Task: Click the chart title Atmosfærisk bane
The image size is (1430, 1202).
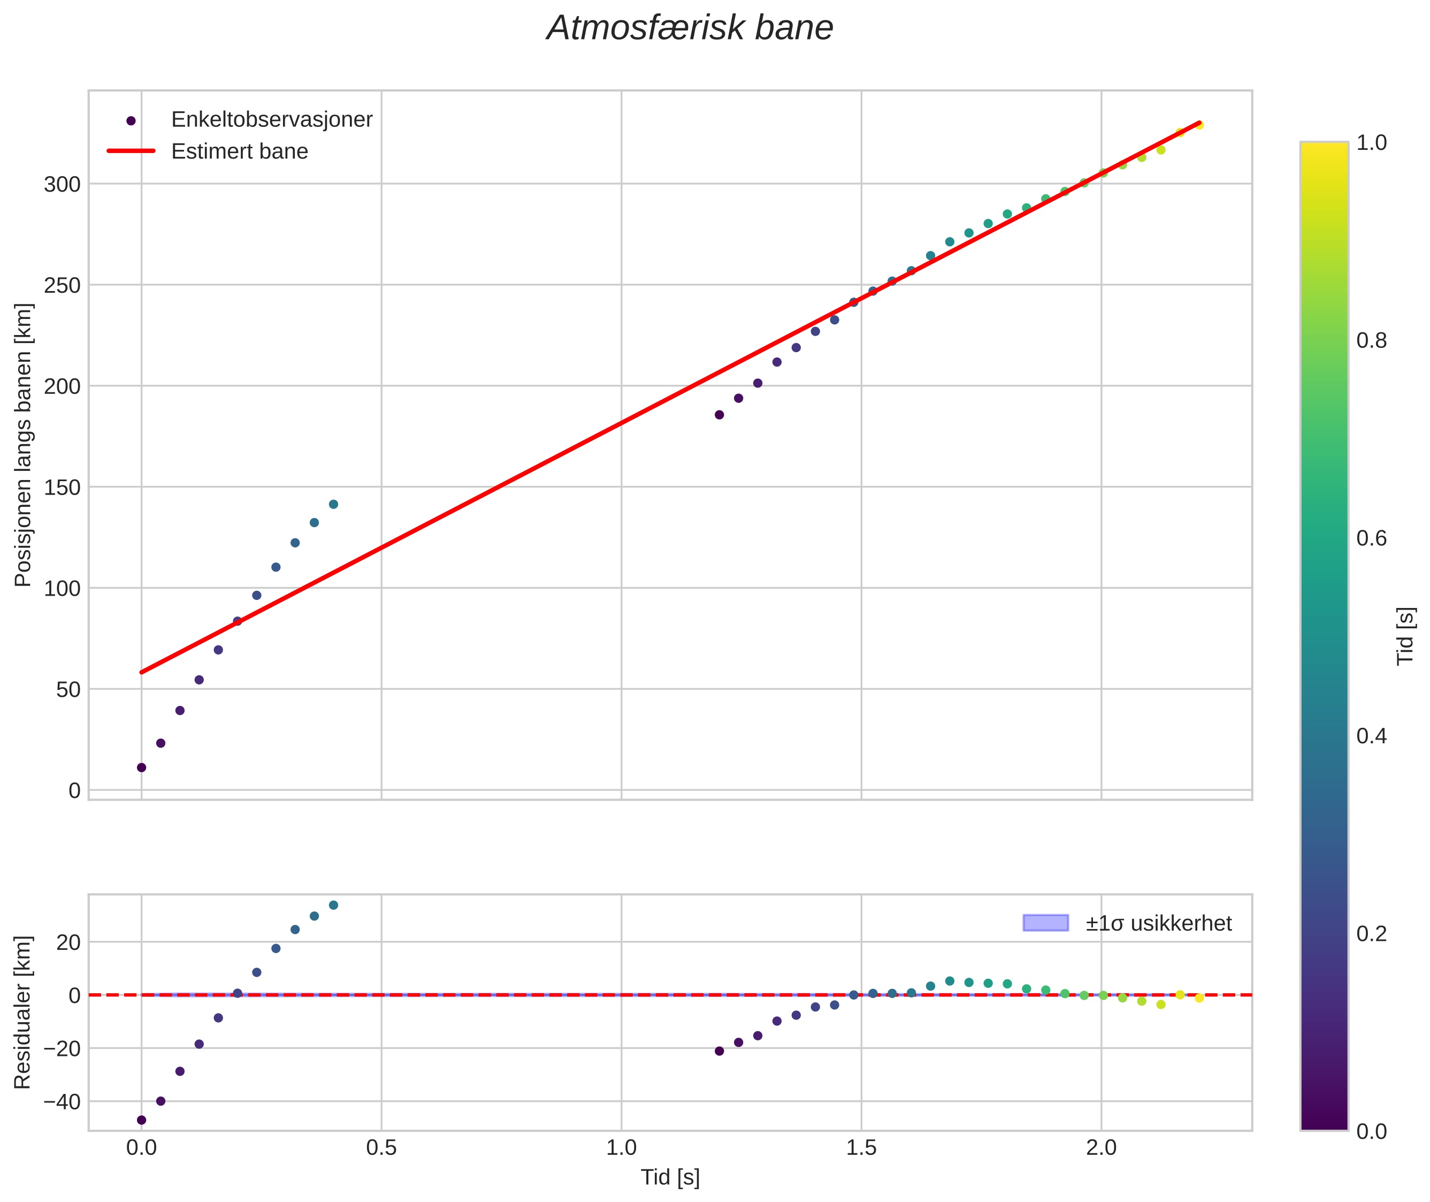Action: click(x=690, y=28)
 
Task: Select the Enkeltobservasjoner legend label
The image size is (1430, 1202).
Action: click(x=271, y=120)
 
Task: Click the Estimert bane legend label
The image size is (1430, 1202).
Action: click(x=239, y=151)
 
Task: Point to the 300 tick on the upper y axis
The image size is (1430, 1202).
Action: click(x=62, y=185)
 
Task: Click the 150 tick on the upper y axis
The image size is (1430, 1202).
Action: click(x=62, y=488)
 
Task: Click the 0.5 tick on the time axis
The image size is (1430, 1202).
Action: click(x=381, y=1147)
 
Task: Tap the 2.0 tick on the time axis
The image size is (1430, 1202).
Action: click(x=1101, y=1147)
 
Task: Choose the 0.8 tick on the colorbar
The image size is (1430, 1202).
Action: click(x=1371, y=341)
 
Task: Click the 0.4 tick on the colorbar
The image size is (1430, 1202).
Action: click(x=1371, y=736)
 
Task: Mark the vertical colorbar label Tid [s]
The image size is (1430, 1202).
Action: click(x=1405, y=636)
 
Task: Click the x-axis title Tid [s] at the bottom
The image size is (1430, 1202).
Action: click(x=670, y=1177)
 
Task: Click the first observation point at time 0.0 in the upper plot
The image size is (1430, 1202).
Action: click(x=142, y=767)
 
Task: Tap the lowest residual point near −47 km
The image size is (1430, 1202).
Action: click(x=142, y=1120)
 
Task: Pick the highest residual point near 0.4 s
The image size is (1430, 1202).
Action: click(x=333, y=905)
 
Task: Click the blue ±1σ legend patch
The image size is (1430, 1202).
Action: click(x=1045, y=923)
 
